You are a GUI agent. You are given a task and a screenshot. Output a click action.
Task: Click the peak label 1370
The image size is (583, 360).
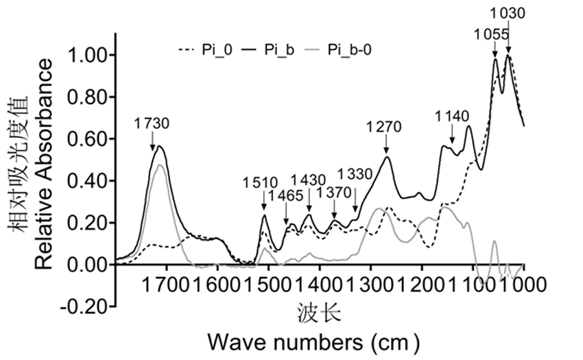coord(333,192)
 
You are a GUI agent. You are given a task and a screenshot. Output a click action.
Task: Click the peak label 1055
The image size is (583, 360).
coord(491,34)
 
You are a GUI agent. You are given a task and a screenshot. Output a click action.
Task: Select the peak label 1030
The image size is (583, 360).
coord(508,12)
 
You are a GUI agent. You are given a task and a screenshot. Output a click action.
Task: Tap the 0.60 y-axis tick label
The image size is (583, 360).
coord(87,139)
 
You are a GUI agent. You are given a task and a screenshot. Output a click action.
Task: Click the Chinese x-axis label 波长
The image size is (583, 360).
coord(319,313)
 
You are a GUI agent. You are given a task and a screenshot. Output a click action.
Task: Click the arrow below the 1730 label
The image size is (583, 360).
coord(152,141)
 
